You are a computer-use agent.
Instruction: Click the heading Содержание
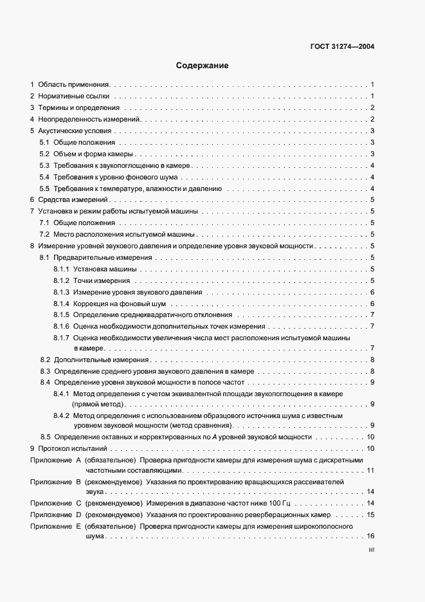(x=202, y=66)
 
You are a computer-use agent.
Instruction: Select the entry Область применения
(x=74, y=84)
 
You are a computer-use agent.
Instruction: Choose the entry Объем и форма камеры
(x=93, y=154)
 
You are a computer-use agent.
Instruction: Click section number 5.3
(x=44, y=165)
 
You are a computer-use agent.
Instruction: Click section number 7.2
(x=44, y=235)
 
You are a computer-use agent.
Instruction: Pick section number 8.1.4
(x=61, y=304)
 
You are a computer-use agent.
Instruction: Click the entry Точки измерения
(x=102, y=281)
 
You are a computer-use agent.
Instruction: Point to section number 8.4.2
(x=61, y=416)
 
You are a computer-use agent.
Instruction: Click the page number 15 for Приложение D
(x=370, y=515)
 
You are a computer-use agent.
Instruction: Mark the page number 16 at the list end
(x=370, y=536)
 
